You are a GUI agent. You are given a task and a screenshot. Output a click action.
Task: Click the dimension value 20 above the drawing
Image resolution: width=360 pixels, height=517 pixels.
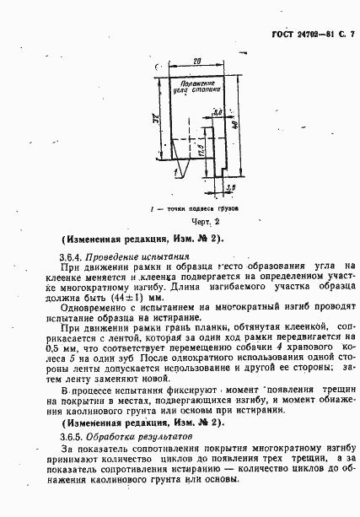pos(196,62)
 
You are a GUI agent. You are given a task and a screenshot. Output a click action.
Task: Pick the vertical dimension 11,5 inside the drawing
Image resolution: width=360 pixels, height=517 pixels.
pos(201,153)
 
